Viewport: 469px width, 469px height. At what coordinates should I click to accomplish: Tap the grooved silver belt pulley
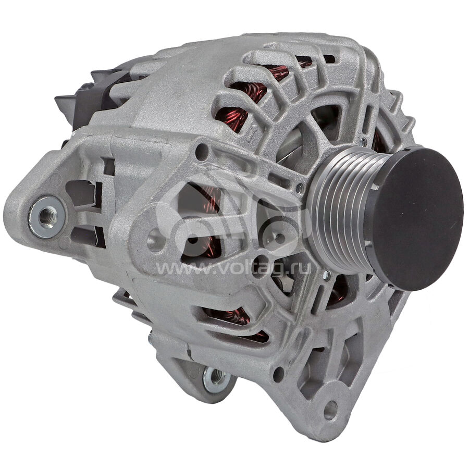(x=340, y=213)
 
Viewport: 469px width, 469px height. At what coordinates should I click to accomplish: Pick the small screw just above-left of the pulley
(x=299, y=187)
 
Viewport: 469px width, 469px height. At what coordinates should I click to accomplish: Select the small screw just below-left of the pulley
(x=327, y=274)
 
